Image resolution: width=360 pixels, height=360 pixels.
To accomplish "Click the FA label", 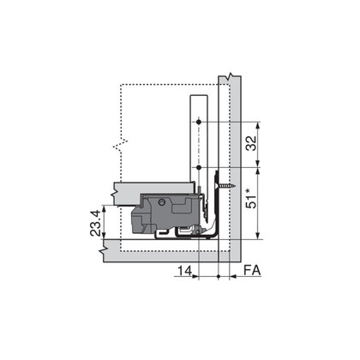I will [252, 271].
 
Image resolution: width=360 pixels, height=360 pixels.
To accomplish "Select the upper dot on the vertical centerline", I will [199, 123].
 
